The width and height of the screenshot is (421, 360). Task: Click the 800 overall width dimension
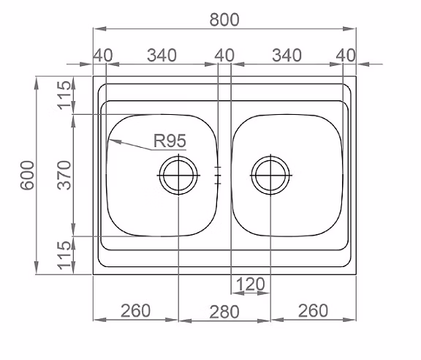click(224, 20)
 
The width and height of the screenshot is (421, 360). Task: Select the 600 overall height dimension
click(28, 175)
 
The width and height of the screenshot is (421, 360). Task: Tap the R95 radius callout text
click(170, 140)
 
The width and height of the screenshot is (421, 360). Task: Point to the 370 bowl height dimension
click(64, 175)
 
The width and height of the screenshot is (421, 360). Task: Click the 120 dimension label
click(251, 284)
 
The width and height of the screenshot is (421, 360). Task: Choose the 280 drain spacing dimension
click(224, 312)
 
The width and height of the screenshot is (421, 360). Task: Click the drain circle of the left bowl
click(178, 175)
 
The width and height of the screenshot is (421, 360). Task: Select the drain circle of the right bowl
click(270, 175)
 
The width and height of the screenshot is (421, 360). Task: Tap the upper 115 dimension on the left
click(64, 95)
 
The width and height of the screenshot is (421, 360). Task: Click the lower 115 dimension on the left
click(64, 255)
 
